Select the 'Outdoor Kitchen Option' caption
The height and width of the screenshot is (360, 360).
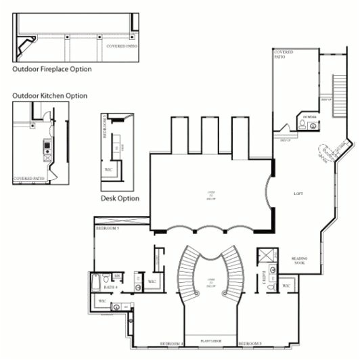pyautogui.click(x=49, y=96)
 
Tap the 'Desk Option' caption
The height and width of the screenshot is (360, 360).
pyautogui.click(x=120, y=198)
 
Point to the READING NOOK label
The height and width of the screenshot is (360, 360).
pyautogui.click(x=300, y=260)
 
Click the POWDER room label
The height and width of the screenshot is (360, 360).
pyautogui.click(x=310, y=117)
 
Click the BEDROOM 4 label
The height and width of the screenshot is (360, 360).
pyautogui.click(x=173, y=344)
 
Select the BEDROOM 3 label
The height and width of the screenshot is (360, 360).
pyautogui.click(x=250, y=344)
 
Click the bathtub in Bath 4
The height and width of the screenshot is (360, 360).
pyautogui.click(x=97, y=280)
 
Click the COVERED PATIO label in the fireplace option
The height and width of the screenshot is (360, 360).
pyautogui.click(x=120, y=46)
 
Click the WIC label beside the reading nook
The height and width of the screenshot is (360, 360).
pyautogui.click(x=286, y=286)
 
